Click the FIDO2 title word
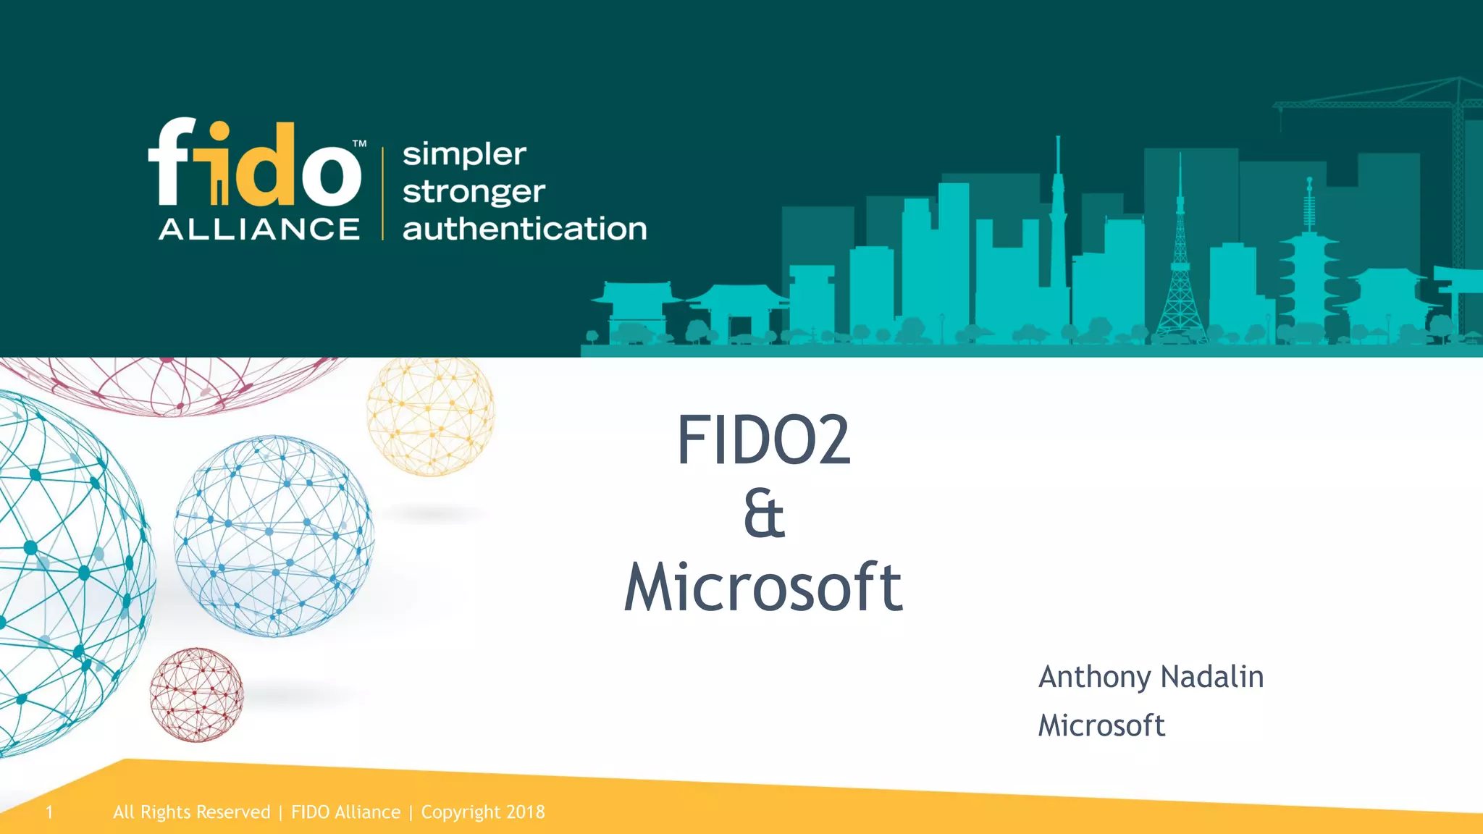click(763, 440)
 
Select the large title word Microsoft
click(763, 587)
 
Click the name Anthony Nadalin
click(1151, 677)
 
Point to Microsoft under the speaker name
click(1101, 725)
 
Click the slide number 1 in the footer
click(49, 812)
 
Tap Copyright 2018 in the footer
click(483, 812)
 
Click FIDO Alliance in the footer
click(345, 812)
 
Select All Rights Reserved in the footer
click(191, 812)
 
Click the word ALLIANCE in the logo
click(259, 229)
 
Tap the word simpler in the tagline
click(464, 154)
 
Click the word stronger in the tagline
click(474, 193)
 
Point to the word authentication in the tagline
click(524, 229)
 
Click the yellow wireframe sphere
click(431, 416)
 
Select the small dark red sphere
click(196, 695)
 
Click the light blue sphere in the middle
click(274, 536)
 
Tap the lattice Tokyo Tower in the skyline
click(1180, 275)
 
